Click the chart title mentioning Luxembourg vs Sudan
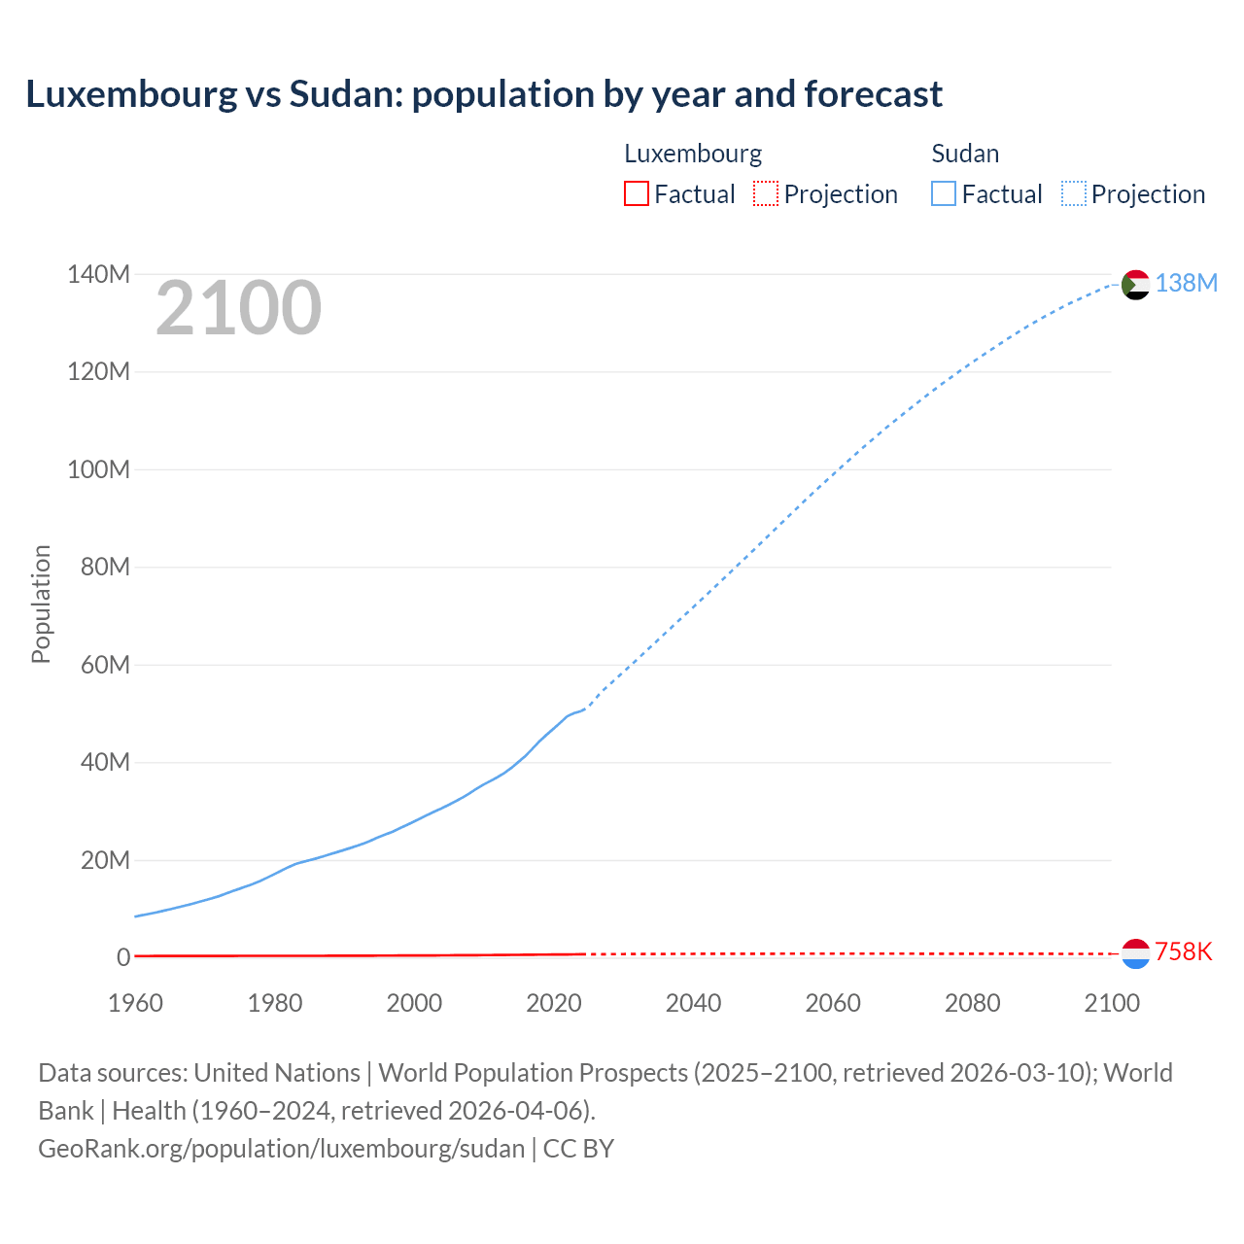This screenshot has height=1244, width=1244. tap(483, 94)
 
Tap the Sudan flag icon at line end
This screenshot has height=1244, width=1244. tap(1135, 284)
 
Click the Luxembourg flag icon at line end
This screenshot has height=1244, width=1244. tap(1135, 953)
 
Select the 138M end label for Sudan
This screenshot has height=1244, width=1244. tap(1186, 283)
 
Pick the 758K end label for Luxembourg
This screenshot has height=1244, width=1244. tap(1183, 951)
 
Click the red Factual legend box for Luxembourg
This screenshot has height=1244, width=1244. tap(636, 193)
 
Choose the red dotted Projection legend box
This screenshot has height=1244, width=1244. tap(766, 193)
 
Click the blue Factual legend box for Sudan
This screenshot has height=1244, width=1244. tap(943, 193)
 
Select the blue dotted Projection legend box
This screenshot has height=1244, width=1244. tap(1073, 193)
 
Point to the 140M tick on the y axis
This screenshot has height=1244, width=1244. tap(98, 275)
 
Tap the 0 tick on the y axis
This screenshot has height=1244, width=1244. tap(123, 958)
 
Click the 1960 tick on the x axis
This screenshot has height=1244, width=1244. tap(135, 1003)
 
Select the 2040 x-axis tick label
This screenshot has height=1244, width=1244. tap(693, 1003)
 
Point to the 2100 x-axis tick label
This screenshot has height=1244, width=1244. tap(1111, 1003)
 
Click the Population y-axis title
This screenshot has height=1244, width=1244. tap(41, 604)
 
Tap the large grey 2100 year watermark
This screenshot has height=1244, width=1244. tap(238, 308)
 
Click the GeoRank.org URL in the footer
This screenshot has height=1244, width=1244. tap(281, 1149)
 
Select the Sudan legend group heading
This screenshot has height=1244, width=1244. tap(965, 154)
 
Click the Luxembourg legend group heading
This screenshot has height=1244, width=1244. tap(692, 154)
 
